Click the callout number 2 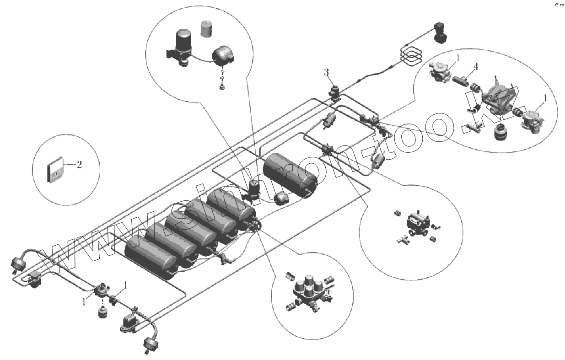tap(79, 165)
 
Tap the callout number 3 tap(326, 72)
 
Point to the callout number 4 tap(475, 67)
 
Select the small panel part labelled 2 tap(55, 169)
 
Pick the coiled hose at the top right tap(410, 53)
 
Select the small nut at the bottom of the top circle tap(222, 86)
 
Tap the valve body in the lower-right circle tap(417, 224)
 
